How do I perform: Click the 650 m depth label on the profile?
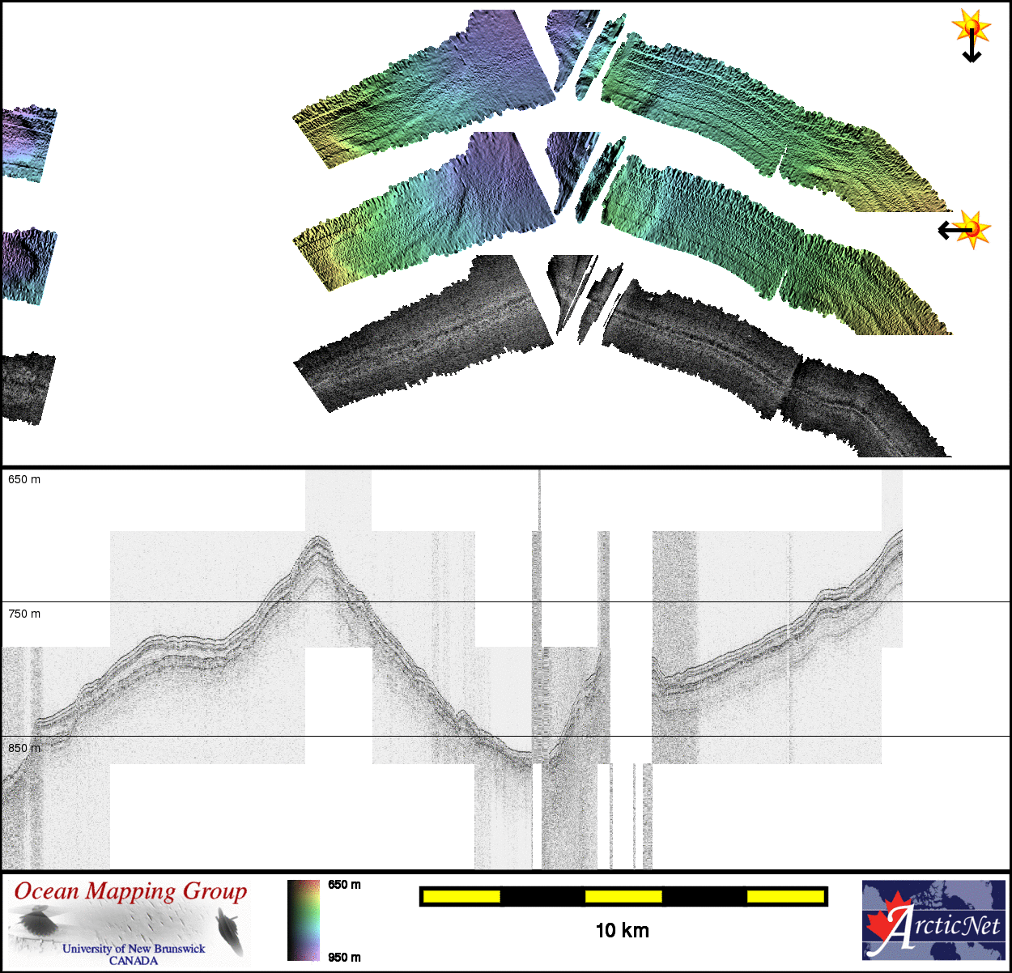(24, 479)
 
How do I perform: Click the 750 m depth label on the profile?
(24, 614)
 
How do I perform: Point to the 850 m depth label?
(24, 748)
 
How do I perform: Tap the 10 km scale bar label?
(623, 930)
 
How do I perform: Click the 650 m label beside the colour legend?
(344, 885)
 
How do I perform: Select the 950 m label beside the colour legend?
(344, 958)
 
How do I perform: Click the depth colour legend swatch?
(303, 920)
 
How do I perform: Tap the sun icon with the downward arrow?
(971, 26)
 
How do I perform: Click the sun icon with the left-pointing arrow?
(973, 229)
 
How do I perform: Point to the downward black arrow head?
(972, 57)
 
